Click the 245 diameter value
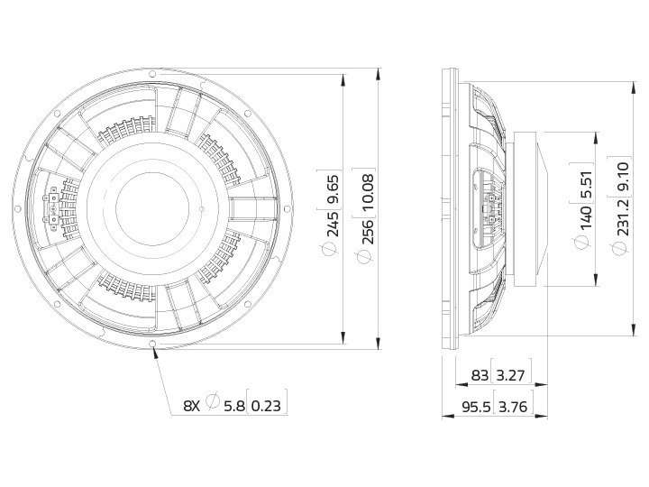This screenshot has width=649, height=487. pyautogui.click(x=333, y=223)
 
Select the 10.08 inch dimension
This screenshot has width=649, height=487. pyautogui.click(x=368, y=191)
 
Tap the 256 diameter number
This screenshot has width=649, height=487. pyautogui.click(x=368, y=231)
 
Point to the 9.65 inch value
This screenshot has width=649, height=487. pyautogui.click(x=333, y=189)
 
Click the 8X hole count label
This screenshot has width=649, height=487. pyautogui.click(x=192, y=406)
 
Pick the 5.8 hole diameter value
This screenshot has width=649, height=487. pyautogui.click(x=234, y=406)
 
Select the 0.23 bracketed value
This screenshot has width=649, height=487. pyautogui.click(x=266, y=406)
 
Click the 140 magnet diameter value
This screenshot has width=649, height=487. pyautogui.click(x=586, y=218)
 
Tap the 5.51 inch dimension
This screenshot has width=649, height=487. pyautogui.click(x=586, y=186)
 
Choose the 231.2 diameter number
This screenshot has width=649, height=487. pyautogui.click(x=623, y=217)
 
